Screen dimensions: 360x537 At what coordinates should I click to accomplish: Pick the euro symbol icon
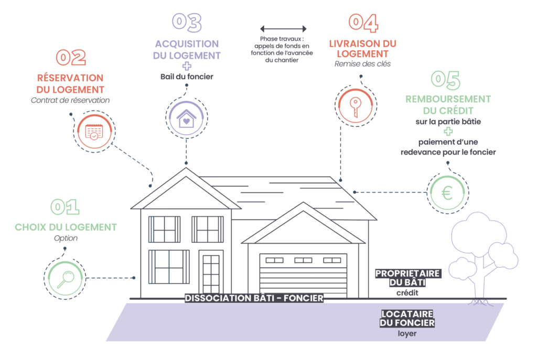pyautogui.click(x=447, y=194)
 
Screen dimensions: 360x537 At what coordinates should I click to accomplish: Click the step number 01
pyautogui.click(x=65, y=207)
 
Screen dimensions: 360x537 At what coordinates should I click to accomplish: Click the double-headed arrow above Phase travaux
pyautogui.click(x=283, y=29)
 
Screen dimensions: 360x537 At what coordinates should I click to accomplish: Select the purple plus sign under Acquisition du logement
pyautogui.click(x=187, y=66)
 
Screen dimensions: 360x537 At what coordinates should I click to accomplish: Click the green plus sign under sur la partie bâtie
pyautogui.click(x=448, y=132)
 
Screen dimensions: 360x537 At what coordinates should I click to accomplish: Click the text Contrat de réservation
pyautogui.click(x=70, y=100)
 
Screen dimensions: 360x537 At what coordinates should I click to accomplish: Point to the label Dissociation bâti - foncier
pyautogui.click(x=254, y=298)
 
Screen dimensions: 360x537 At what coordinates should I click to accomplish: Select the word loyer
pyautogui.click(x=407, y=333)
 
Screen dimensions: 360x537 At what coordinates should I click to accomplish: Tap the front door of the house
pyautogui.click(x=211, y=275)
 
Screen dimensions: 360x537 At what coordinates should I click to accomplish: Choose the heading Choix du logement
pyautogui.click(x=66, y=227)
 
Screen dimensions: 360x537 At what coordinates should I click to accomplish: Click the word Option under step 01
pyautogui.click(x=66, y=238)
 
